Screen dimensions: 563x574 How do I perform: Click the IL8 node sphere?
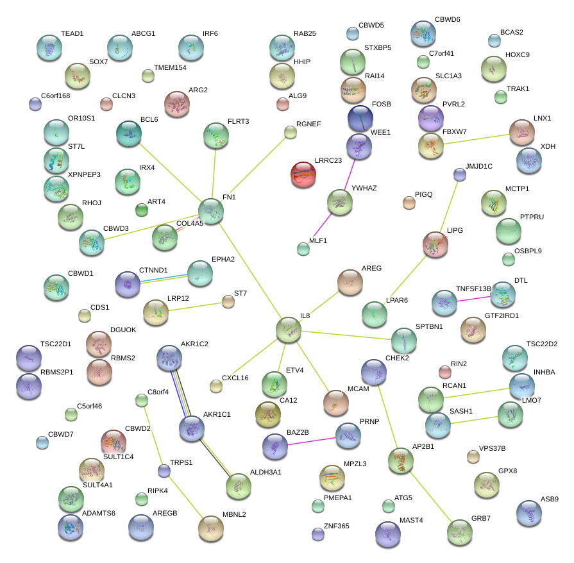(289, 330)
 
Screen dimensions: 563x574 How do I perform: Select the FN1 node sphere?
(211, 210)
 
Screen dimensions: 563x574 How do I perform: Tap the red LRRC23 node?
(303, 174)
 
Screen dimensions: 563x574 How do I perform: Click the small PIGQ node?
(409, 203)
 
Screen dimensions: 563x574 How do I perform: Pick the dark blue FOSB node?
(360, 118)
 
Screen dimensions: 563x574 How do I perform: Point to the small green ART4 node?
(141, 209)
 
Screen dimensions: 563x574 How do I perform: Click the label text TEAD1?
(72, 33)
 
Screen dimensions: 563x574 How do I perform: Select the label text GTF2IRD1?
(502, 315)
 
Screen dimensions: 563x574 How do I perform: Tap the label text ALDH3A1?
(266, 472)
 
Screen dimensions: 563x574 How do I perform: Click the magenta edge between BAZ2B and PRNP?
(312, 441)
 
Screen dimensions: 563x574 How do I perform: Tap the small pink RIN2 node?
(444, 371)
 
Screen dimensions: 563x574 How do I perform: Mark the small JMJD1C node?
(459, 174)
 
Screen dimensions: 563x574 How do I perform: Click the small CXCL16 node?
(216, 385)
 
